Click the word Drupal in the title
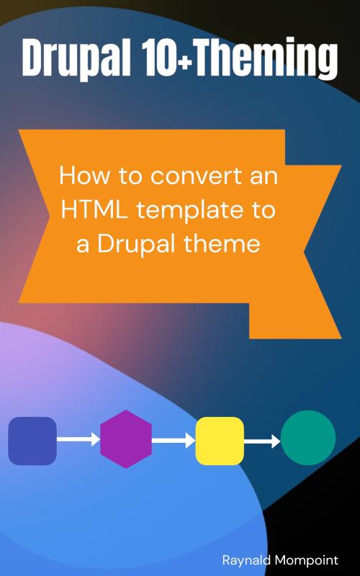coord(76,58)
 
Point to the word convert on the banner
coord(197,176)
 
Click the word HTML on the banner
coord(94,210)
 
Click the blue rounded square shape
coord(32,441)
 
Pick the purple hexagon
coord(126,439)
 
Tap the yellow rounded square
coord(220,441)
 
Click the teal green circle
coord(308,438)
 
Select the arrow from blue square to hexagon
coord(78,439)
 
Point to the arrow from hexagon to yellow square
coord(174,440)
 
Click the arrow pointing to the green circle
coord(262,441)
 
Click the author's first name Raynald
coord(246,560)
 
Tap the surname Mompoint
coord(307,561)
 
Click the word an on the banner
coord(264,176)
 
